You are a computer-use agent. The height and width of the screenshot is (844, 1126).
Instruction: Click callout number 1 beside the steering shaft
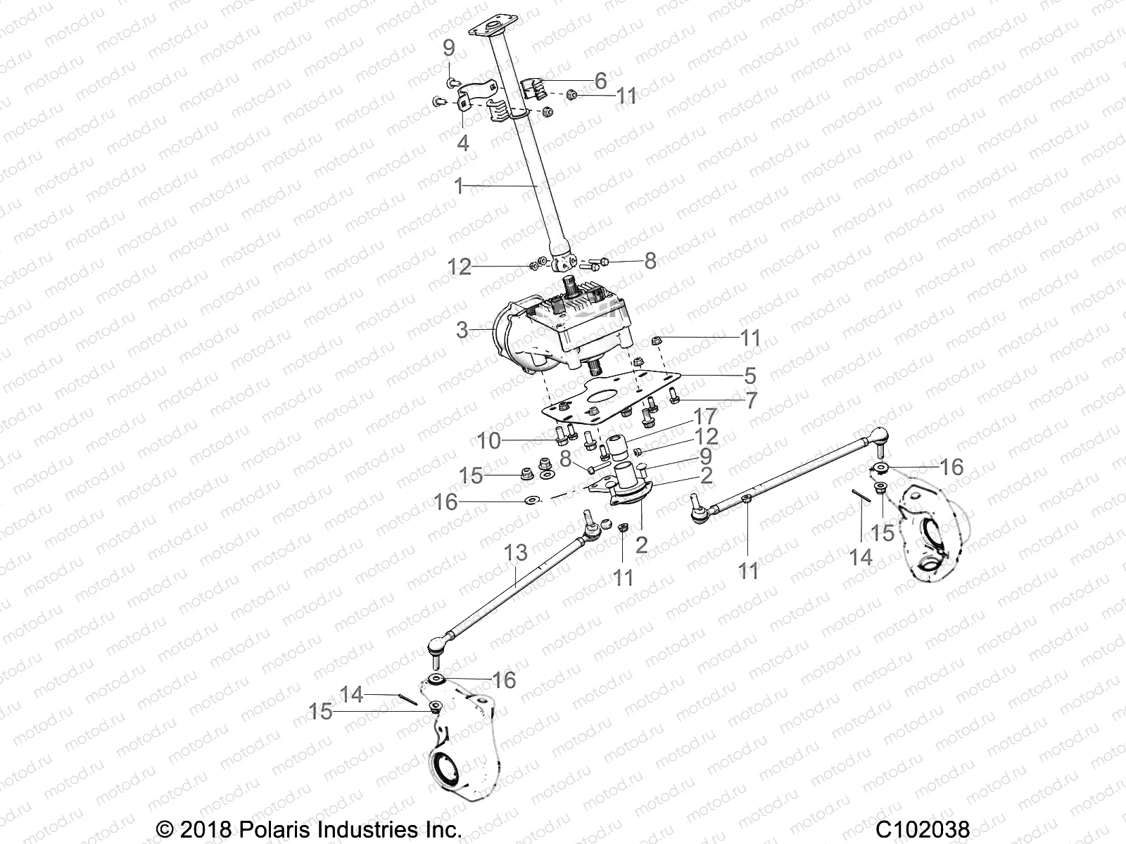click(459, 186)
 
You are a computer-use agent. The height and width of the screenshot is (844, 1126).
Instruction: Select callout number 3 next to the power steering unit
click(462, 330)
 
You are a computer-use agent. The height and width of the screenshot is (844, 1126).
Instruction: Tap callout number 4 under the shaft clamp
click(462, 143)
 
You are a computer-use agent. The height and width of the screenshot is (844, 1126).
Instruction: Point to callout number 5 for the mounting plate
click(750, 374)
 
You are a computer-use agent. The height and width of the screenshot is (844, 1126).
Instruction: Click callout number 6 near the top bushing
click(600, 81)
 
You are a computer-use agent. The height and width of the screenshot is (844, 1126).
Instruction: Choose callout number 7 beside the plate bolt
click(752, 401)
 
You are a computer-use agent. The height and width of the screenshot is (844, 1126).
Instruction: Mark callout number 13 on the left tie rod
click(516, 553)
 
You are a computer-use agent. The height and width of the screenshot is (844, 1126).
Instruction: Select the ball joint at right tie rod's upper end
click(878, 433)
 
